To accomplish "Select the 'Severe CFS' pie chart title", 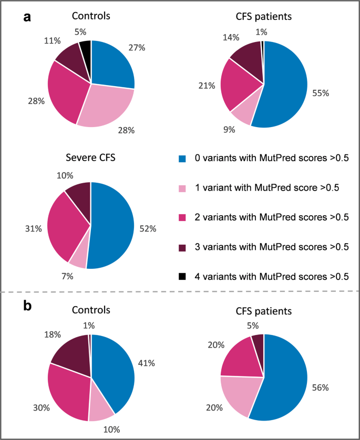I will [x=91, y=156].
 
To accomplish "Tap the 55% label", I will [x=320, y=93].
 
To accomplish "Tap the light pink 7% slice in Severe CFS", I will [x=79, y=258].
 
